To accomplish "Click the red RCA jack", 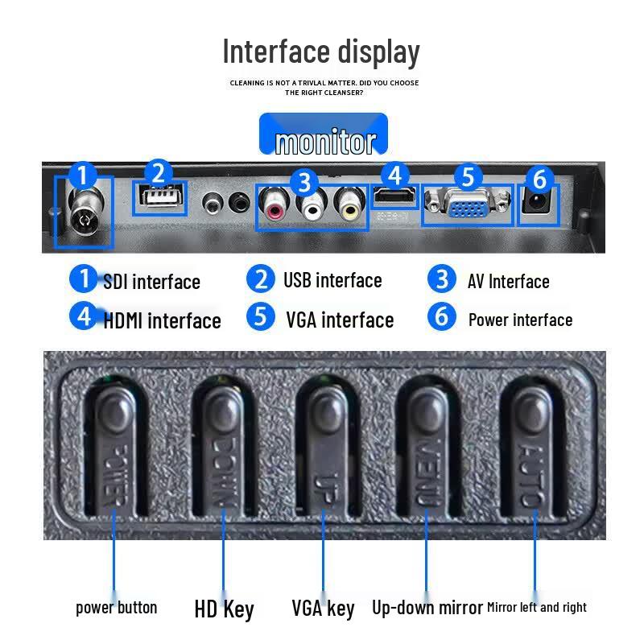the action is [274, 205].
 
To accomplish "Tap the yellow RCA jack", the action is [349, 205].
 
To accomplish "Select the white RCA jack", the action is [312, 205].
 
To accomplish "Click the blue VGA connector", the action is [468, 204].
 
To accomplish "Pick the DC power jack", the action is [535, 203].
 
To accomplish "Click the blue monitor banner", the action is [324, 134].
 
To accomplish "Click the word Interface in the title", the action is [276, 52].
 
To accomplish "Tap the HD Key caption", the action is [225, 609].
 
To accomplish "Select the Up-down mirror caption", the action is [427, 608].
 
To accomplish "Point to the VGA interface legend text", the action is [340, 320].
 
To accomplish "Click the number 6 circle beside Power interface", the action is [441, 316].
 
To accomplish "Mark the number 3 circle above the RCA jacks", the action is [304, 183].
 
